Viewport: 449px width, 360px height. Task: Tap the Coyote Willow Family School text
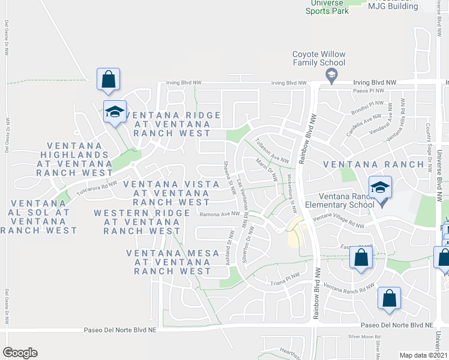319,58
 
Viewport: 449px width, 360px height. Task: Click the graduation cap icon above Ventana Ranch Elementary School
380,188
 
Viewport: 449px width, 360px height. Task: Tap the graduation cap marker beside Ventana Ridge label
114,112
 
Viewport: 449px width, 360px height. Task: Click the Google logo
20,353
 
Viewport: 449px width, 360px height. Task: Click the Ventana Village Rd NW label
339,221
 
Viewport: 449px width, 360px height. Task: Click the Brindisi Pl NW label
367,107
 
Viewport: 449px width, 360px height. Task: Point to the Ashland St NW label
229,247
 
